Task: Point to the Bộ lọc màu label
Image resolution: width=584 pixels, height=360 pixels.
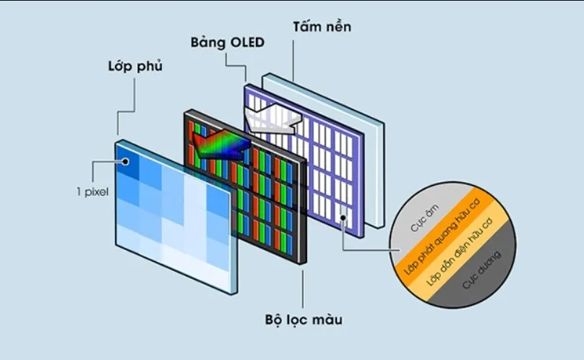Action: click(x=303, y=318)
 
